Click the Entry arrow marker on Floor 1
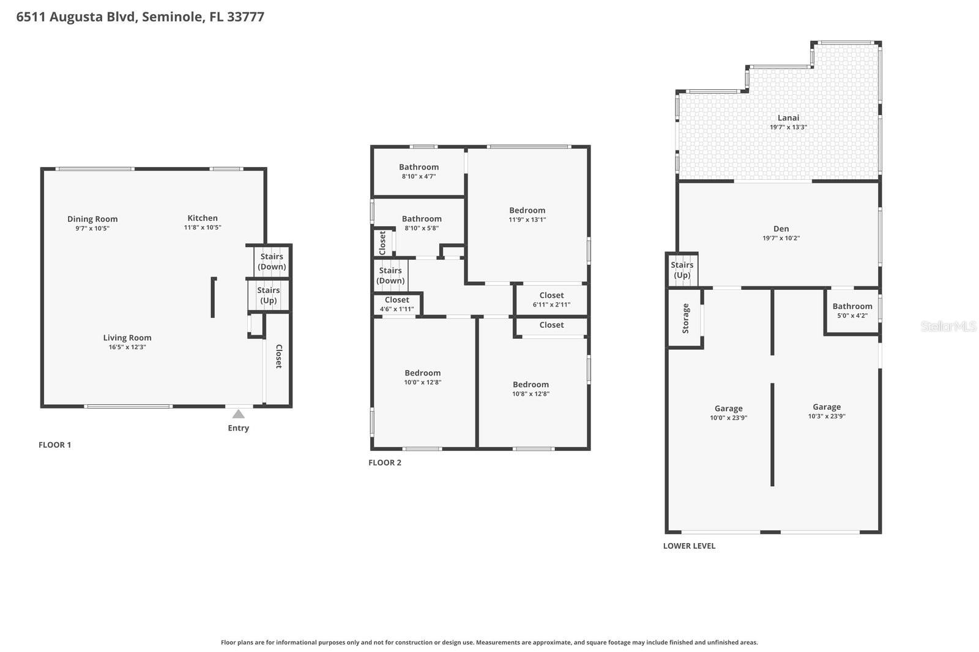pyautogui.click(x=239, y=415)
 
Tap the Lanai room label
pyautogui.click(x=788, y=118)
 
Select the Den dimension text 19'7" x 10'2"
pyautogui.click(x=781, y=239)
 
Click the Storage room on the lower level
pyautogui.click(x=685, y=318)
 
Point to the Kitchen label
pyautogui.click(x=203, y=218)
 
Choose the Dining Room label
pyautogui.click(x=92, y=219)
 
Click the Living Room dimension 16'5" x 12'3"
pyautogui.click(x=127, y=347)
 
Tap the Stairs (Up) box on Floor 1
pyautogui.click(x=268, y=295)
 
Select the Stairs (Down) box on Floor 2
pyautogui.click(x=390, y=276)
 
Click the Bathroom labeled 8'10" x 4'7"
pyautogui.click(x=419, y=171)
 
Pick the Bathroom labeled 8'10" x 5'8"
pyautogui.click(x=422, y=223)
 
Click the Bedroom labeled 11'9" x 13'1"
pyautogui.click(x=527, y=215)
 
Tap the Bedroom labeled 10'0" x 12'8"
pyautogui.click(x=422, y=377)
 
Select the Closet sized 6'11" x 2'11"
pyautogui.click(x=551, y=299)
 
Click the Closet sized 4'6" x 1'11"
pyautogui.click(x=396, y=304)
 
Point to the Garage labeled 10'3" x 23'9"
pyautogui.click(x=826, y=411)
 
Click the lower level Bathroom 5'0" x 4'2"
pyautogui.click(x=852, y=310)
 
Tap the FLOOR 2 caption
pyautogui.click(x=385, y=463)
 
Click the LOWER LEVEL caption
pyautogui.click(x=689, y=546)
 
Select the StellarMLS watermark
pyautogui.click(x=948, y=327)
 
